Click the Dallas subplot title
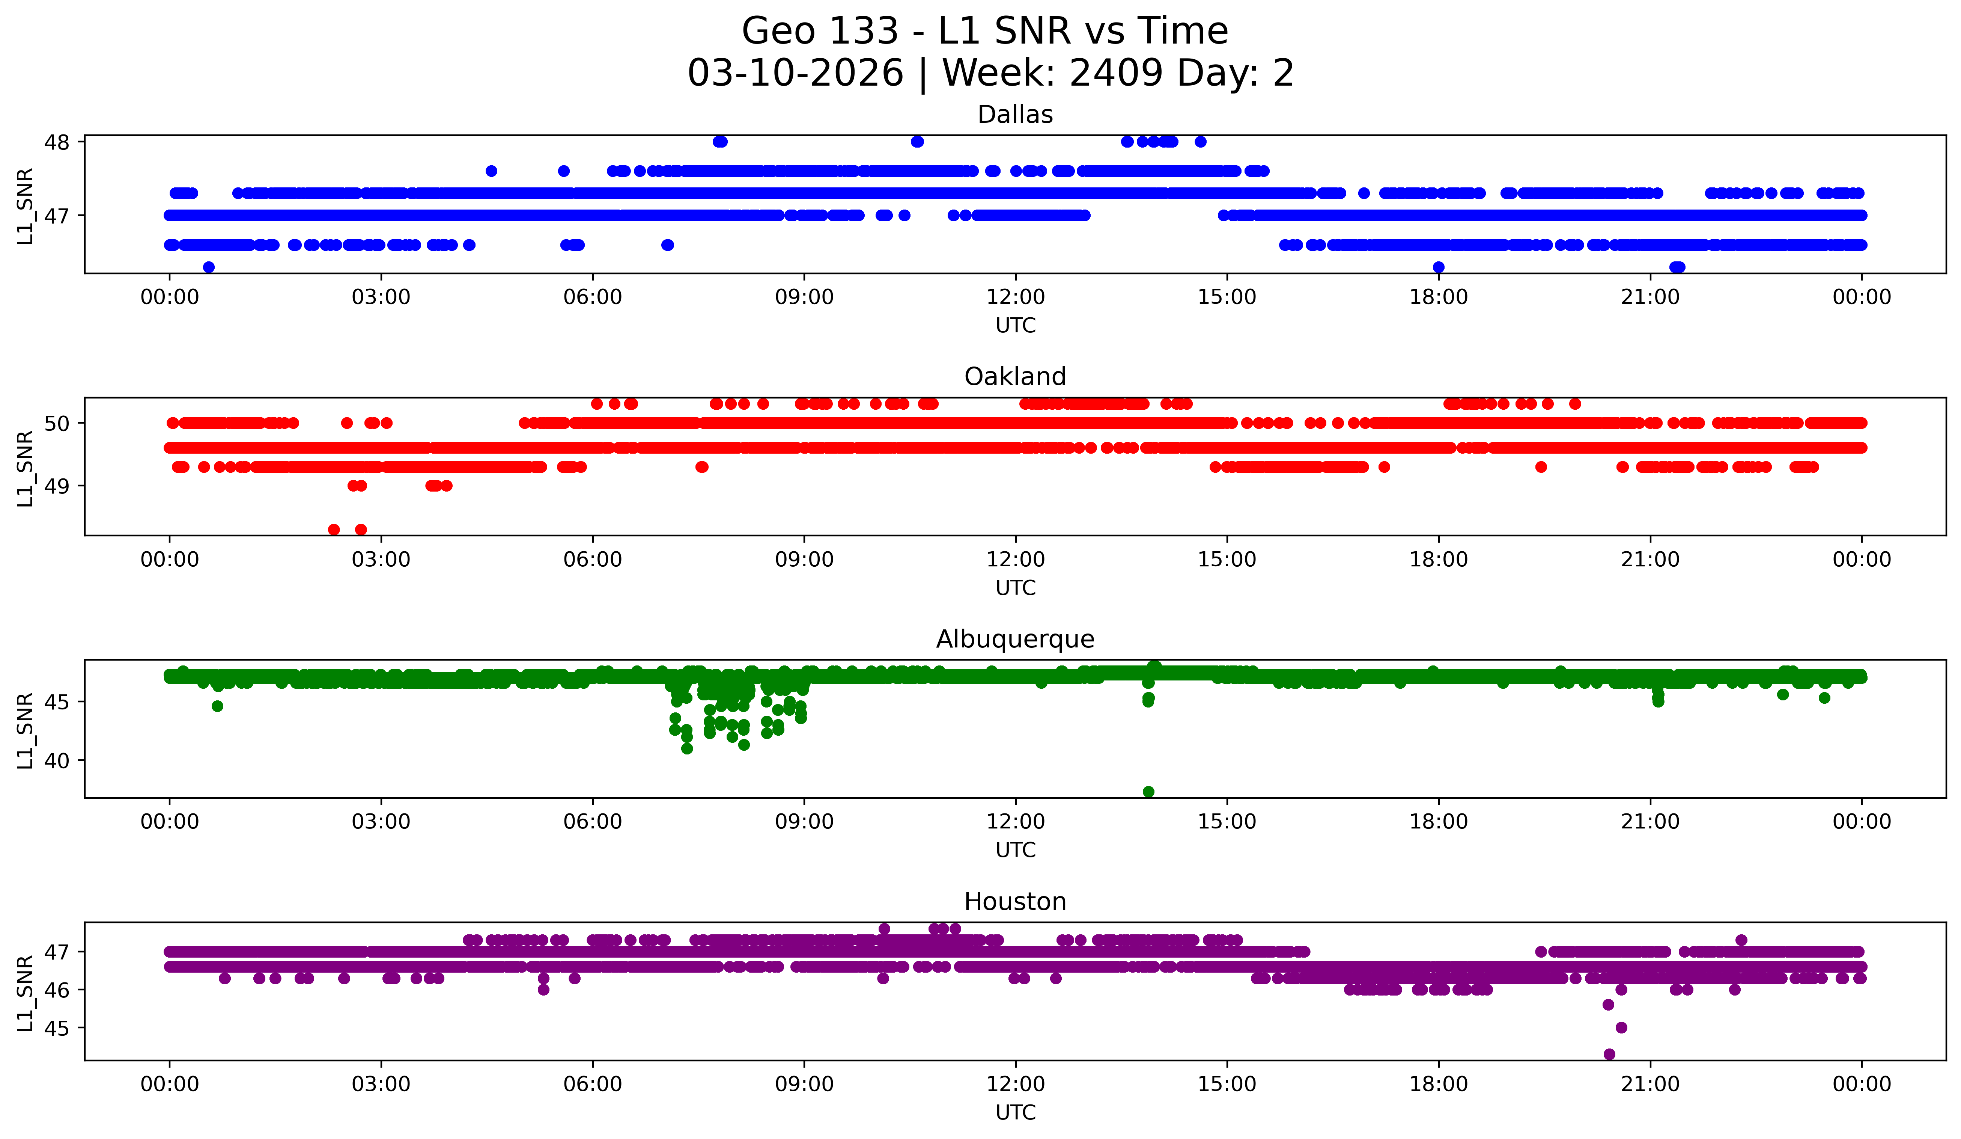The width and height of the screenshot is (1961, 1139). (1015, 115)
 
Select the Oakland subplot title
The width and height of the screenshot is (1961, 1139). (1015, 377)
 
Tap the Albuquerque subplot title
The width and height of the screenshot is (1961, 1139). (1015, 639)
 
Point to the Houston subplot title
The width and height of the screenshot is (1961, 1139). (1015, 902)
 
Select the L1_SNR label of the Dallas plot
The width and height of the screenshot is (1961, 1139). (25, 206)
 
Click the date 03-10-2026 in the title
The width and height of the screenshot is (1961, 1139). (795, 73)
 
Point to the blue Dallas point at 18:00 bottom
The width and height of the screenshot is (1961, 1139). (1438, 267)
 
